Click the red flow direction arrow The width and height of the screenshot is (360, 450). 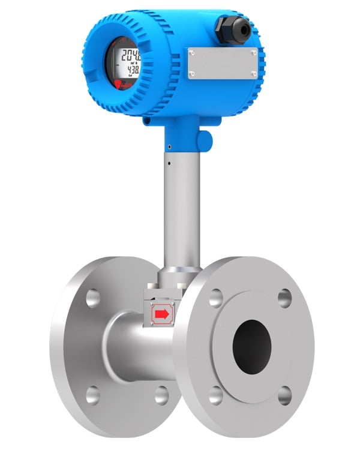(x=161, y=313)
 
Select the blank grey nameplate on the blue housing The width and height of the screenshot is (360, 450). (x=223, y=63)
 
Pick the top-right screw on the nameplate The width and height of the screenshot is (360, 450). (x=254, y=53)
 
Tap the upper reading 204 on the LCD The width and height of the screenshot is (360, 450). (x=131, y=58)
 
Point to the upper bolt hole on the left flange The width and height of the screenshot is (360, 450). (x=93, y=298)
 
